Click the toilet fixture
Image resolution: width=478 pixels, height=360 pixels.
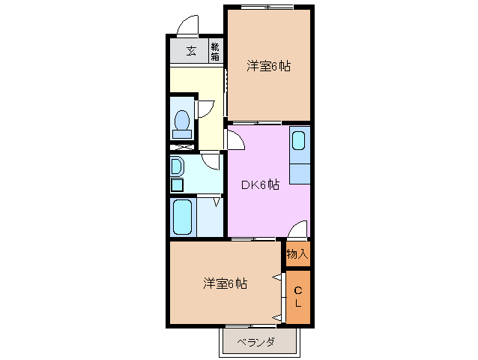point(181,124)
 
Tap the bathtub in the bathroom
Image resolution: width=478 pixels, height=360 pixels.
point(183,217)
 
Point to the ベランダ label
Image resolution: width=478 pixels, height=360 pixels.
point(255,343)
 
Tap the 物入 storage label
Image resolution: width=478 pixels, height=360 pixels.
point(297,254)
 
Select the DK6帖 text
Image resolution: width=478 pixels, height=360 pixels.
point(260,184)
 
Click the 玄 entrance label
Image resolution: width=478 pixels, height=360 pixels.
point(191,52)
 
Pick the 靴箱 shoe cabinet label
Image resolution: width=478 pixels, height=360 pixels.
point(215,52)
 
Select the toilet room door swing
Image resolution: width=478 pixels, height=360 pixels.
point(205,106)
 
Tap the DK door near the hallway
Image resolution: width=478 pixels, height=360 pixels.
point(235,139)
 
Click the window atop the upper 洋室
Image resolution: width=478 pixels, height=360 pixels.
point(267,7)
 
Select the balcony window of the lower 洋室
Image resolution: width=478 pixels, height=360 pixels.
point(252,325)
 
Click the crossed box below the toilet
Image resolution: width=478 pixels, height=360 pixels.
point(181,147)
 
